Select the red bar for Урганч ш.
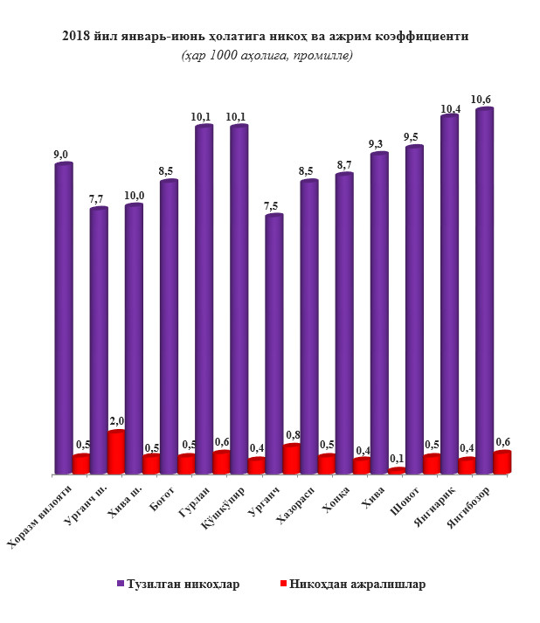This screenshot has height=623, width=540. click(116, 453)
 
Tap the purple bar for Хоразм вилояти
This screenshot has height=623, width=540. click(63, 319)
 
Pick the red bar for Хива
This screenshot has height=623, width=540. click(397, 472)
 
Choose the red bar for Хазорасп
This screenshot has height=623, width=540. click(327, 464)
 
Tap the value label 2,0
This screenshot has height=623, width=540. click(117, 422)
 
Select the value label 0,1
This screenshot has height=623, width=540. click(397, 459)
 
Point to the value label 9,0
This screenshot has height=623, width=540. click(61, 155)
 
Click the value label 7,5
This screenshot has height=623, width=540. click(271, 205)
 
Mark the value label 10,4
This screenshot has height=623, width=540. click(451, 109)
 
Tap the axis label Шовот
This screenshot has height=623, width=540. click(399, 502)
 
